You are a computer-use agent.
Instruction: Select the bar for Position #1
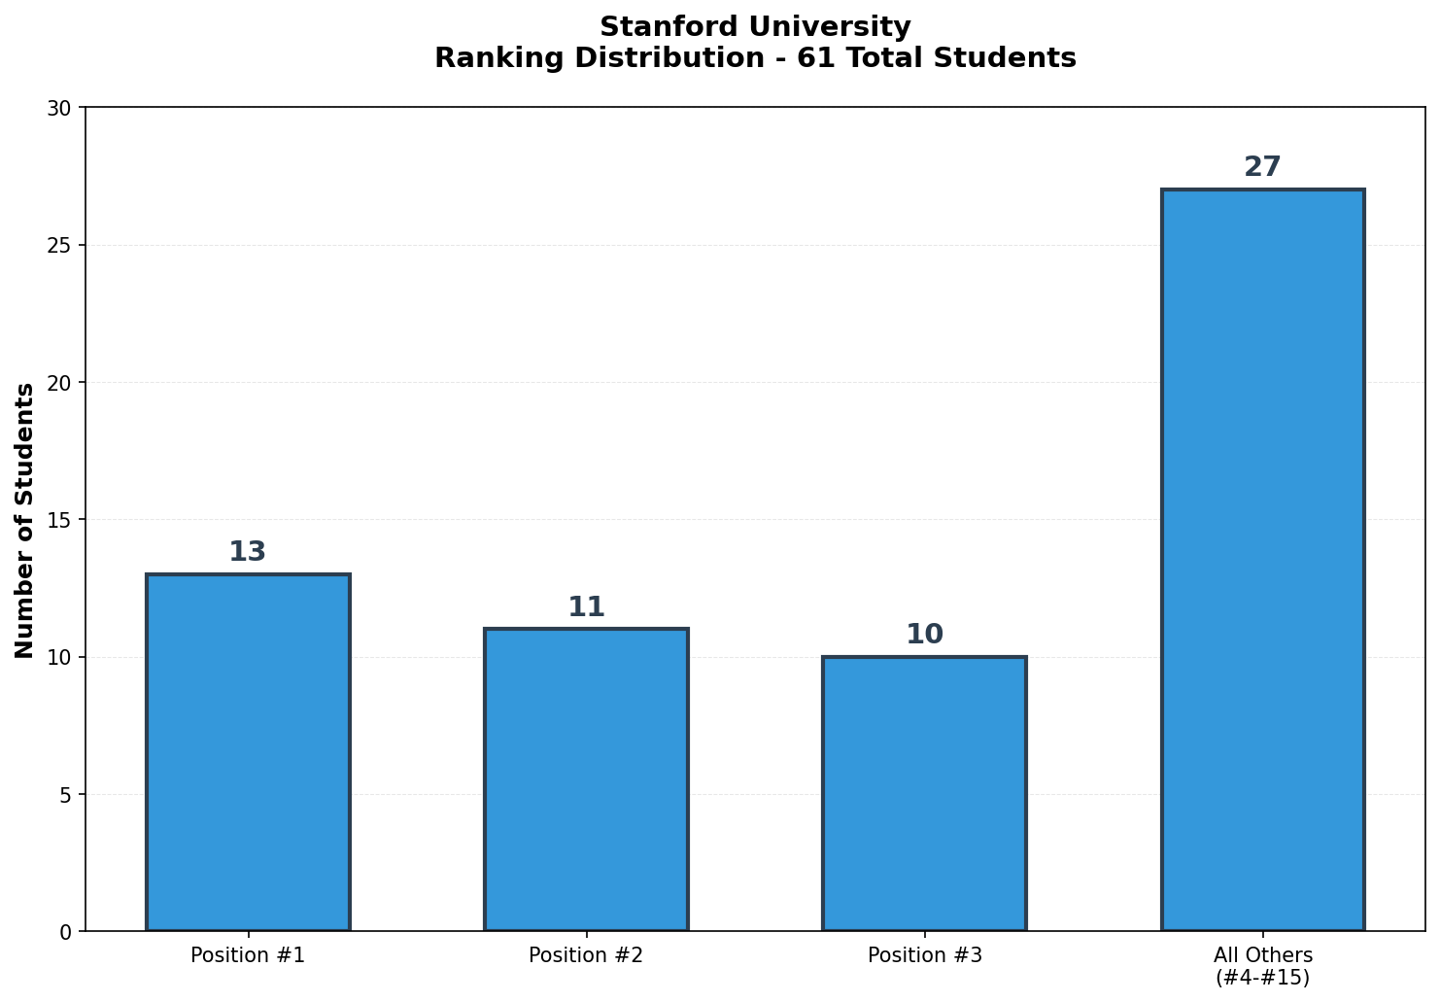point(248,752)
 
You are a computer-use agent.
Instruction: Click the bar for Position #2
point(586,779)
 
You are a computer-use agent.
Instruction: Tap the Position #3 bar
point(924,793)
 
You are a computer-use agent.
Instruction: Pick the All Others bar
point(1262,560)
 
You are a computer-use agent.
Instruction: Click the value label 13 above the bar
point(247,552)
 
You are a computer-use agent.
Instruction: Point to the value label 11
point(586,607)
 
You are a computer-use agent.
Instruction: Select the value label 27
point(1262,167)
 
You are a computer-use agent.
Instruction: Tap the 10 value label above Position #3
point(924,635)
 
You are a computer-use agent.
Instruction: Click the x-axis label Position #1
point(248,955)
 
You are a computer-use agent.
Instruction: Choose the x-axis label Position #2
point(586,955)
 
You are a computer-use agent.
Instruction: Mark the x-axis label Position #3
point(924,955)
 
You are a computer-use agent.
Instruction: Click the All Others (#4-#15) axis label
point(1262,966)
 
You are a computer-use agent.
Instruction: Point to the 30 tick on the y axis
point(60,108)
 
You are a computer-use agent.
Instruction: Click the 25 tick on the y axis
point(60,245)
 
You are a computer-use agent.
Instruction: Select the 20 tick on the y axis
point(60,383)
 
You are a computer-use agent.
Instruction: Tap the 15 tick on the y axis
point(60,520)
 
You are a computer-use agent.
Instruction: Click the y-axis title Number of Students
point(25,520)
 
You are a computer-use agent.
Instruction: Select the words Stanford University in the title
point(755,27)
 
